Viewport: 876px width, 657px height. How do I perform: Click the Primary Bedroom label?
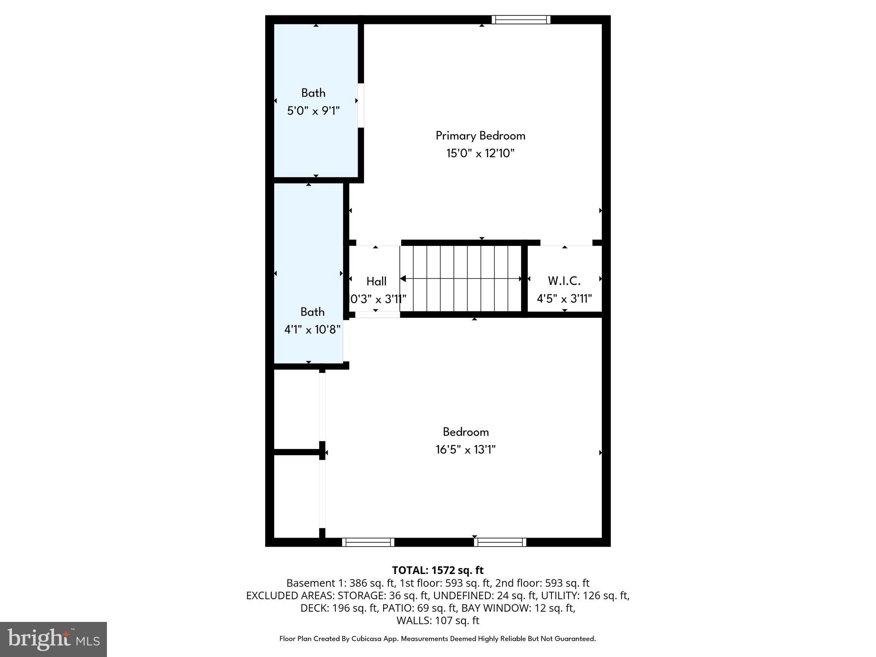pyautogui.click(x=480, y=136)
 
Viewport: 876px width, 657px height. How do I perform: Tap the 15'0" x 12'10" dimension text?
pyautogui.click(x=480, y=154)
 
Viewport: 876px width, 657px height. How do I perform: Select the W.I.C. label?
pyautogui.click(x=564, y=281)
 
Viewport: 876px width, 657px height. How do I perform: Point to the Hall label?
pyautogui.click(x=376, y=281)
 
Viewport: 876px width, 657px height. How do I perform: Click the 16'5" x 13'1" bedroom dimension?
pyautogui.click(x=465, y=450)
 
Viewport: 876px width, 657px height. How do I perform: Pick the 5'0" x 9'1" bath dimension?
pyautogui.click(x=314, y=111)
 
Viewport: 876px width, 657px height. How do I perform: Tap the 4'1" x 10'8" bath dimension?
pyautogui.click(x=312, y=330)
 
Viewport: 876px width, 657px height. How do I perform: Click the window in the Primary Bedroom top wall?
pyautogui.click(x=521, y=20)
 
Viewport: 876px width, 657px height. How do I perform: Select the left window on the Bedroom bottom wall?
pyautogui.click(x=368, y=542)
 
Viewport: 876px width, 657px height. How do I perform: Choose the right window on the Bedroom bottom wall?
pyautogui.click(x=500, y=542)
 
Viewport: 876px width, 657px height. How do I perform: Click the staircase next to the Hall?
pyautogui.click(x=461, y=278)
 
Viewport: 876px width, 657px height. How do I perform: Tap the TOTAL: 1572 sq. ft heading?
pyautogui.click(x=438, y=570)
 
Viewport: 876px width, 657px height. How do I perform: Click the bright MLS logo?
pyautogui.click(x=53, y=639)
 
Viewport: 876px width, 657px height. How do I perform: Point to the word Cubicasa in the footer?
pyautogui.click(x=367, y=639)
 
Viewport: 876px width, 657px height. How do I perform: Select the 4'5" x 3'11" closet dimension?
pyautogui.click(x=564, y=299)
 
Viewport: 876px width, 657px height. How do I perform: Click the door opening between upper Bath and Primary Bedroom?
pyautogui.click(x=361, y=105)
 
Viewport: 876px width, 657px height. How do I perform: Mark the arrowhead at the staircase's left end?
pyautogui.click(x=403, y=279)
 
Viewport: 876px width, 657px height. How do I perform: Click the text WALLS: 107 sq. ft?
pyautogui.click(x=438, y=620)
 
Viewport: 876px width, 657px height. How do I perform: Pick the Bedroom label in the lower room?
pyautogui.click(x=465, y=432)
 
